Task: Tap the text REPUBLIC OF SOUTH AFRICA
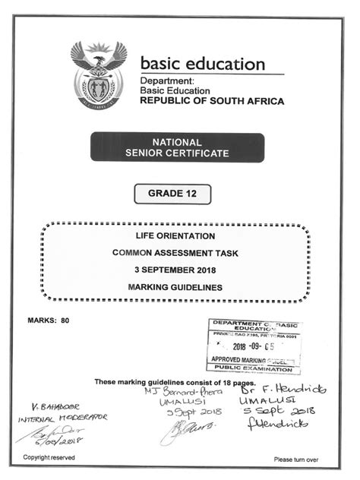pyautogui.click(x=212, y=100)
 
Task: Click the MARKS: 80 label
pyautogui.click(x=49, y=321)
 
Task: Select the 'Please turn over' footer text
pyautogui.click(x=296, y=459)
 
